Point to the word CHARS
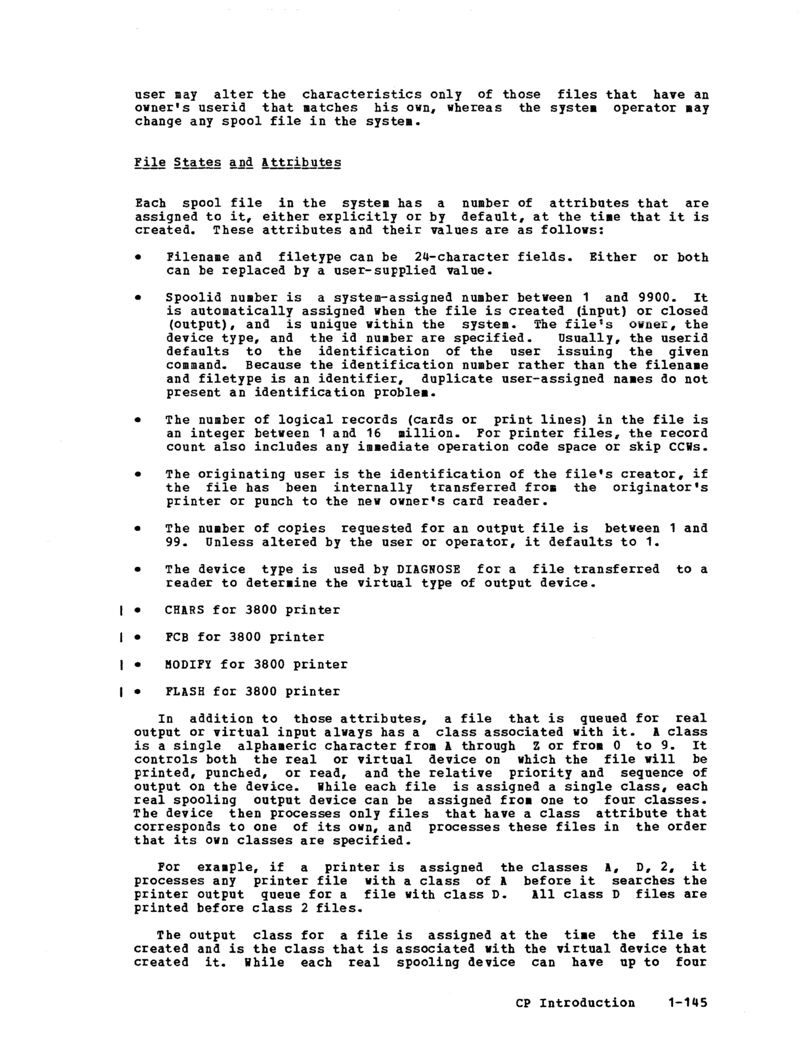click(185, 610)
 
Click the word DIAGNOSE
click(429, 569)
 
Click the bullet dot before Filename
click(138, 258)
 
